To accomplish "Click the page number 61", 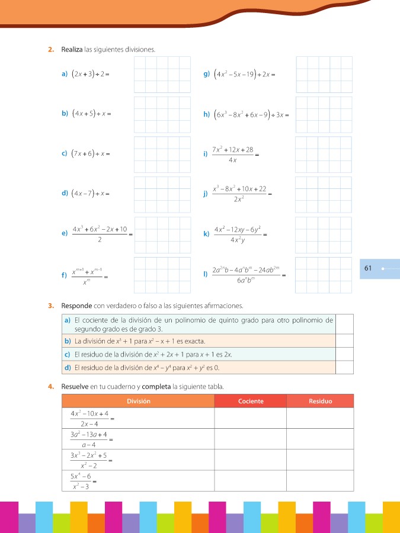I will click(367, 268).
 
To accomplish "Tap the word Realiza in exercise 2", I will click(71, 50).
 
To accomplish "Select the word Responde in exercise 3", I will click(75, 306).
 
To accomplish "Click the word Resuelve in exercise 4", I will click(75, 386).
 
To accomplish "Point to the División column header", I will click(137, 401).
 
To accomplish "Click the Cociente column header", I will click(250, 401).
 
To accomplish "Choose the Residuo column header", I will click(320, 401).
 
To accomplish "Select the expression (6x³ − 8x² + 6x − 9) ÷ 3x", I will click(251, 114).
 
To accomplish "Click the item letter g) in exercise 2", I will click(206, 74).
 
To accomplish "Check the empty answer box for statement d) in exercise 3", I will click(344, 367).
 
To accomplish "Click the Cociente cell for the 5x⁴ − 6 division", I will click(250, 479).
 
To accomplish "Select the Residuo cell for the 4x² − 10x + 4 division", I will click(320, 418).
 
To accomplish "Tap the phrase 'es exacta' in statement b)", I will click(188, 341).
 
